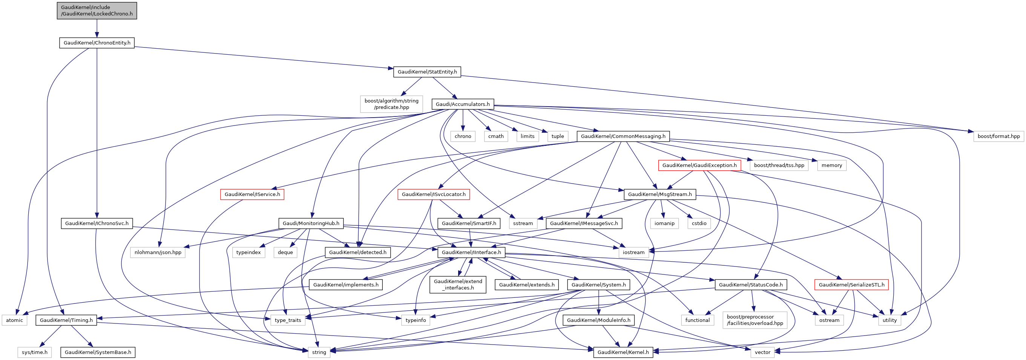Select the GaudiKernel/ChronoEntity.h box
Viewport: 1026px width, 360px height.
point(97,43)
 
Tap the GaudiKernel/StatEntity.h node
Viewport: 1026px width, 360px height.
point(427,72)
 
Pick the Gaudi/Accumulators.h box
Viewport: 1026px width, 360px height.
point(462,104)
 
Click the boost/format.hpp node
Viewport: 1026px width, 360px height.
point(998,136)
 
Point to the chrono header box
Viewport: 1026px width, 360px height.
point(462,136)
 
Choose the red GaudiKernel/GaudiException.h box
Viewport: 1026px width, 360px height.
point(699,165)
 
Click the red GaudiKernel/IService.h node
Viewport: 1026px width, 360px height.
point(252,195)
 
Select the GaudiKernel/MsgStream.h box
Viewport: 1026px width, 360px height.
point(659,195)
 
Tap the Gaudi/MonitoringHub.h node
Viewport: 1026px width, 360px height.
point(311,224)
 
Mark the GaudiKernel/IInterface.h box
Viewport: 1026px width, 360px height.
point(471,253)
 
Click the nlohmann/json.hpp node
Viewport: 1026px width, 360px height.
point(158,253)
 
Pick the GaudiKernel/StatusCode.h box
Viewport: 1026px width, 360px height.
point(750,285)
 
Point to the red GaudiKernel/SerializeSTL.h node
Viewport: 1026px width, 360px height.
point(851,285)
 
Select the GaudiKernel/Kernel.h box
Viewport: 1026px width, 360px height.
point(623,352)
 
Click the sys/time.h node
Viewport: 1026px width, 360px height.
point(35,352)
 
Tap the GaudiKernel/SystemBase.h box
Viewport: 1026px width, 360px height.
point(98,352)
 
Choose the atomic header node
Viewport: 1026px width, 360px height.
point(14,320)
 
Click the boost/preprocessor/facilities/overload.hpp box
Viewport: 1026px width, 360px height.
point(755,320)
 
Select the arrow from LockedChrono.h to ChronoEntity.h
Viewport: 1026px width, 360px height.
point(97,29)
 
